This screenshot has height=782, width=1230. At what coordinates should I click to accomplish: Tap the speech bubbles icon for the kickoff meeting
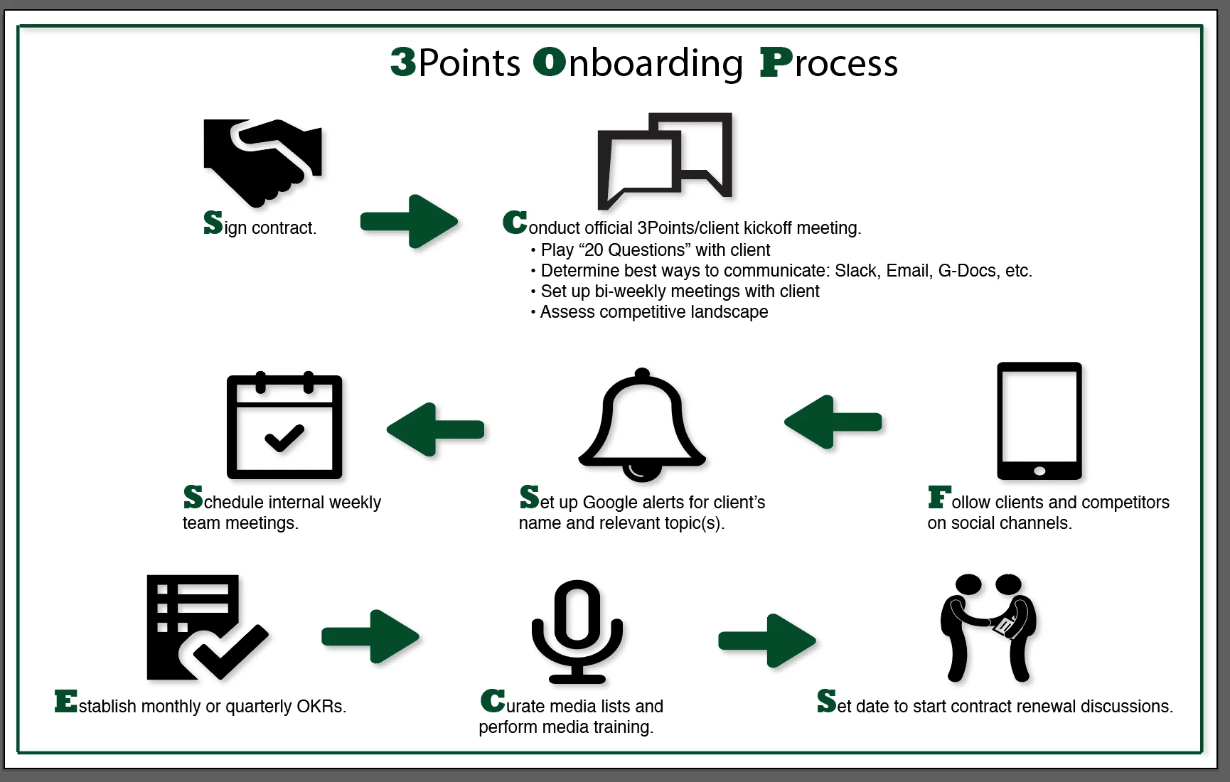665,160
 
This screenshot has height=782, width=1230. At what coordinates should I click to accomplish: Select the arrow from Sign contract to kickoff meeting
409,221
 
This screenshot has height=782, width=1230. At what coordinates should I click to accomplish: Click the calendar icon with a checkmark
284,427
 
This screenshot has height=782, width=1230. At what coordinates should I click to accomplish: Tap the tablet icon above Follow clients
1039,421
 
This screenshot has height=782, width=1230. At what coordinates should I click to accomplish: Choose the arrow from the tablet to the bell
833,422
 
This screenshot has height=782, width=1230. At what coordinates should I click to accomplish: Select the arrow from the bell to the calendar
436,429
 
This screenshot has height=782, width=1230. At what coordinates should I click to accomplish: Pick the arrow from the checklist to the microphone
370,636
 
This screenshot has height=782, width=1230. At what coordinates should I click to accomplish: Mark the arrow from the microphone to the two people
767,641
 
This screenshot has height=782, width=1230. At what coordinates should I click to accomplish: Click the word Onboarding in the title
638,63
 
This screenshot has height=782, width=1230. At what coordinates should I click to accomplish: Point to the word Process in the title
829,63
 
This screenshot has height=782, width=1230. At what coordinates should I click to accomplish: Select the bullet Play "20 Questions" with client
655,250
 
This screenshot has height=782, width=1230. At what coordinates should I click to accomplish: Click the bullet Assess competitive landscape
653,312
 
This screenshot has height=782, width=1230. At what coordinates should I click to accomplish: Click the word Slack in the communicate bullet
855,271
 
